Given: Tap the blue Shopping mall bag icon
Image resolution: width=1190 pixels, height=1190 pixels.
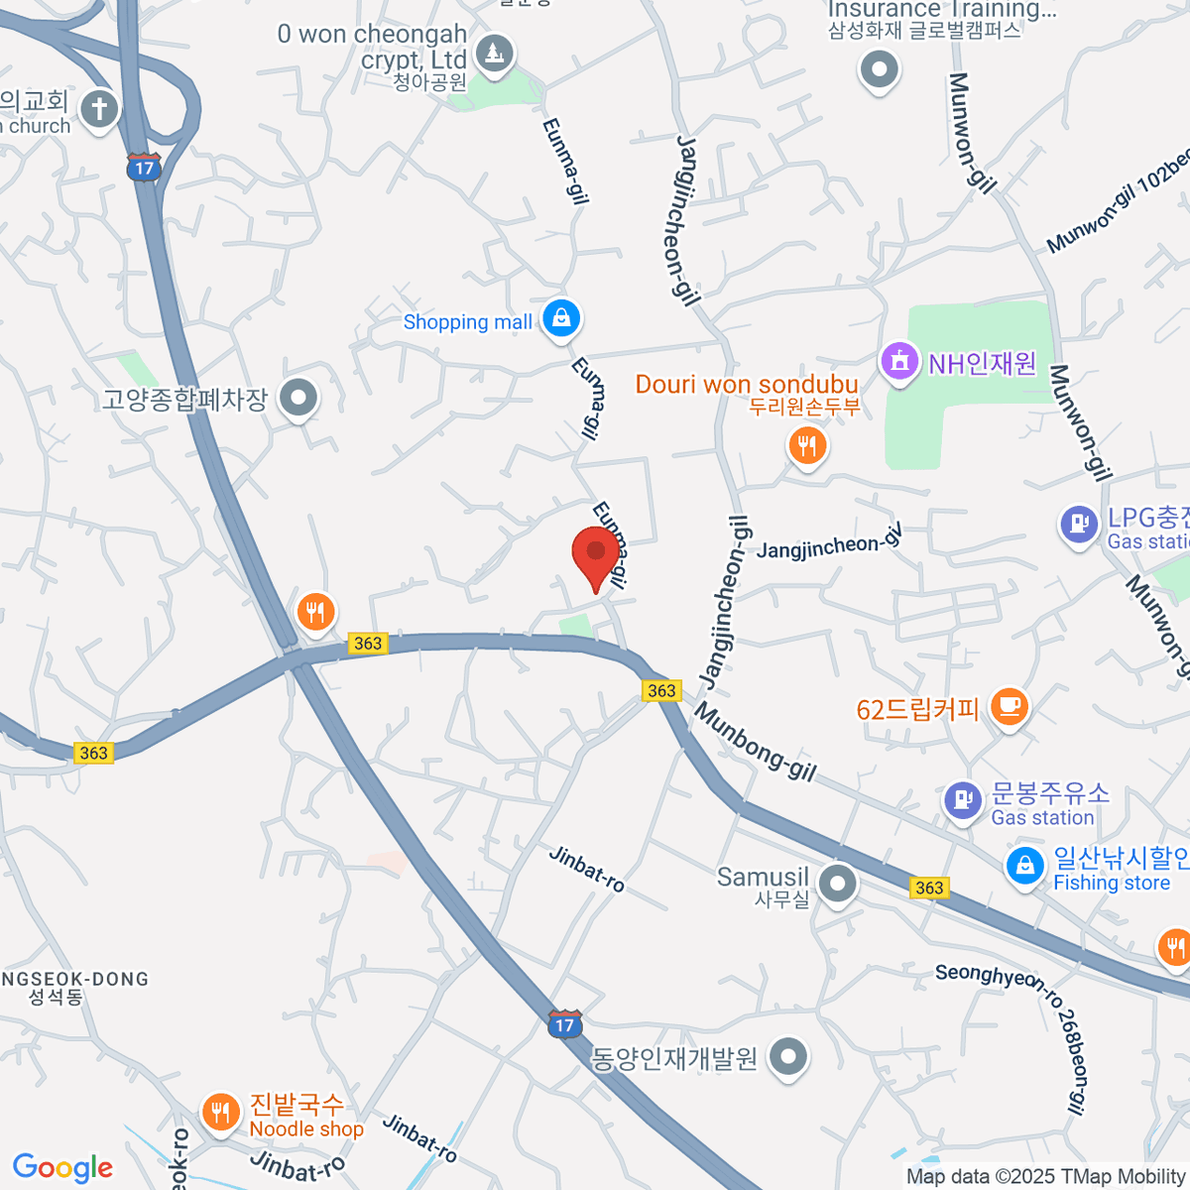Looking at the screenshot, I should [561, 319].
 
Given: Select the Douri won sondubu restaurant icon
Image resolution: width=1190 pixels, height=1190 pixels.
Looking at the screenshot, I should [808, 446].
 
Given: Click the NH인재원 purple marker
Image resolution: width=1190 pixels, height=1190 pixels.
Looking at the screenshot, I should [899, 360].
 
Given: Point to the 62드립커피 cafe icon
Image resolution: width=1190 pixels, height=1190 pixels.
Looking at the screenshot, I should [1010, 707].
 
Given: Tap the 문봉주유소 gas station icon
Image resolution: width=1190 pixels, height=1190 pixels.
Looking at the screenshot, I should [961, 799].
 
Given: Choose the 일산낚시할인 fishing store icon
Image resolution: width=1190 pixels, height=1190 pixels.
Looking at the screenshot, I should [1025, 865].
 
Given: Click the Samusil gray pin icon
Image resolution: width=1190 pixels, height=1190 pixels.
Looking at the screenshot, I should [838, 882].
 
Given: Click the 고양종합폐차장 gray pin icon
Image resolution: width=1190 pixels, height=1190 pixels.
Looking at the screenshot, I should [297, 399].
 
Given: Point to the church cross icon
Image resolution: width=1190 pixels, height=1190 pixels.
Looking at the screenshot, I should [99, 108].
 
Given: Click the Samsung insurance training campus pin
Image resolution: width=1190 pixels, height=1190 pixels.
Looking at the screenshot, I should [879, 69].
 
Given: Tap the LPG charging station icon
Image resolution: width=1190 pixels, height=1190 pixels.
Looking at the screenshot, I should [1079, 524].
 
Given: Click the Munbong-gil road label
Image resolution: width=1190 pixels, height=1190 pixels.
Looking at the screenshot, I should [755, 743].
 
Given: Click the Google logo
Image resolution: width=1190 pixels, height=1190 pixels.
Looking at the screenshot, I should [62, 1168].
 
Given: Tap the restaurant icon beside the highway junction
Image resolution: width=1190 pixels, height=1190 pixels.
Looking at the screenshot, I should [315, 612].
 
